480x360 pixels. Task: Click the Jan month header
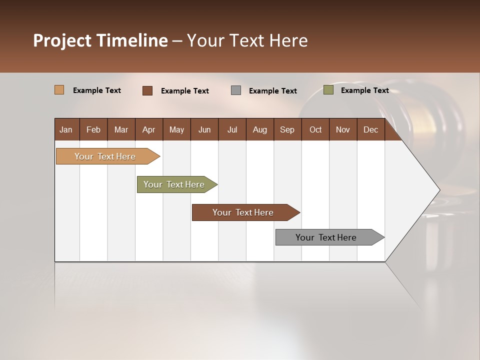point(66,129)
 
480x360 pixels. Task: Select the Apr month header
point(149,129)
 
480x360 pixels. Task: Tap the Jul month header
point(232,129)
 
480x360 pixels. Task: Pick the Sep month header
point(287,129)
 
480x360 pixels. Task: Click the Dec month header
point(370,129)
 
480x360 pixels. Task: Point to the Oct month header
point(315,129)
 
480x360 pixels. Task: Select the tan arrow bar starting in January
point(105,156)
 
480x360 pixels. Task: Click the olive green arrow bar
point(174,184)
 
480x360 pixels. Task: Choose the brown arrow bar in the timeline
point(243,212)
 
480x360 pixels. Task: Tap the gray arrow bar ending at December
point(326,237)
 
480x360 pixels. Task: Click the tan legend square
point(59,90)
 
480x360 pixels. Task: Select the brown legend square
point(147,90)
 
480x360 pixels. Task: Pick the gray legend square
point(236,90)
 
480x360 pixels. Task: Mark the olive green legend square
point(328,90)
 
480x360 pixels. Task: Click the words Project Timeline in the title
point(100,40)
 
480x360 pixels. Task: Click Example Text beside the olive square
point(364,90)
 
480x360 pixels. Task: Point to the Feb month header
point(93,129)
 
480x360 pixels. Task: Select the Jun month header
point(204,129)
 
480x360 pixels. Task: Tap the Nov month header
point(343,129)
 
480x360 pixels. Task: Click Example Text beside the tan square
point(97,90)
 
